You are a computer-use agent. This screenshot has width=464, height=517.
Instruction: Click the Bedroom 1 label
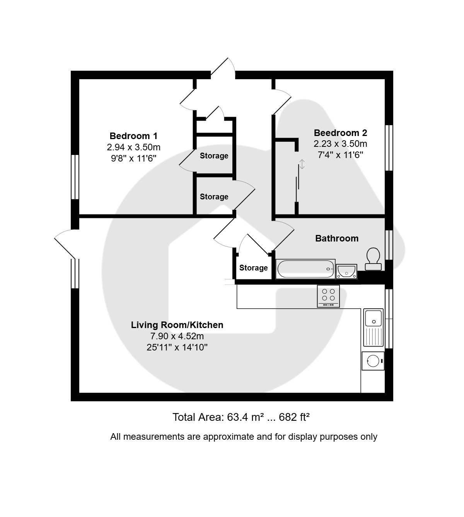click(133, 136)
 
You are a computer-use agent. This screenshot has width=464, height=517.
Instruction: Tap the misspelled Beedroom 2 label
click(340, 133)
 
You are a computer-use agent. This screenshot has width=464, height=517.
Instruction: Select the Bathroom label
click(337, 238)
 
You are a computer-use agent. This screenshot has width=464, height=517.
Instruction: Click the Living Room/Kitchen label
click(177, 325)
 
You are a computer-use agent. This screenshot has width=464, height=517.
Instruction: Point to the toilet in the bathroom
click(373, 259)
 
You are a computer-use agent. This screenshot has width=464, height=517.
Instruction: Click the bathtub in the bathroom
click(305, 269)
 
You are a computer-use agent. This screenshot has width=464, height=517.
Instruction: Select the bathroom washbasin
click(346, 271)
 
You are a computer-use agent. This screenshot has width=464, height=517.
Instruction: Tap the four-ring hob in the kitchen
click(328, 296)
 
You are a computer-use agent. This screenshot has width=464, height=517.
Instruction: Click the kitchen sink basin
click(374, 318)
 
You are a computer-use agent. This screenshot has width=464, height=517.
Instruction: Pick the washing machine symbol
click(373, 361)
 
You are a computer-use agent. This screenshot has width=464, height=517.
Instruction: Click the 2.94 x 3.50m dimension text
click(133, 147)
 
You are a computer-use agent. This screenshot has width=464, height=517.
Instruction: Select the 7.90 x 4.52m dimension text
click(177, 336)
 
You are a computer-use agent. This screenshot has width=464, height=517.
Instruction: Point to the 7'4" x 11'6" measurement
click(340, 155)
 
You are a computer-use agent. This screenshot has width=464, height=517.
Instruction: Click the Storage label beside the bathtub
click(253, 268)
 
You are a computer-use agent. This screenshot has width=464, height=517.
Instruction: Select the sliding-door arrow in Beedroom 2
click(302, 164)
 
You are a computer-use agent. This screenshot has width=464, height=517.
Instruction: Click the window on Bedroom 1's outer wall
click(75, 177)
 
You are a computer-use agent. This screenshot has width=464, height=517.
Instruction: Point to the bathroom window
click(389, 245)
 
